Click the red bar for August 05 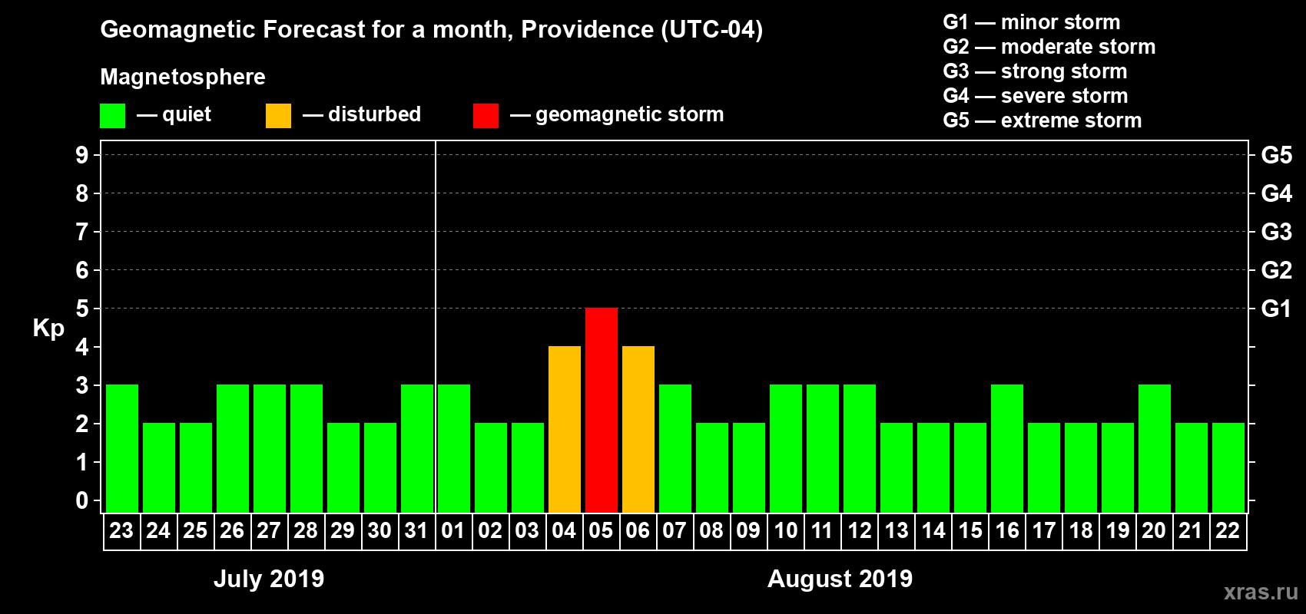coord(602,410)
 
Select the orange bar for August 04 coord(565,429)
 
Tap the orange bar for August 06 coord(638,429)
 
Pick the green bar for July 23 coord(122,448)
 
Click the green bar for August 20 coord(1155,448)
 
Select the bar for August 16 coord(1007,448)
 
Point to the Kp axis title coord(48,328)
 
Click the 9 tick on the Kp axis coord(82,155)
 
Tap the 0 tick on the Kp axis coord(82,500)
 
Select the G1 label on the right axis coord(1276,309)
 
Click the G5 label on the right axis coord(1276,155)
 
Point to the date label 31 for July coord(416,530)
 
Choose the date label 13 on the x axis coord(897,530)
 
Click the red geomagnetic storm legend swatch coord(486,116)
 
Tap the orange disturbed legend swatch coord(278,116)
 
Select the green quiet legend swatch coord(112,116)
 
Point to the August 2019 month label coord(840,579)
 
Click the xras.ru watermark coord(1261,592)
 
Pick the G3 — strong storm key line coord(1035,71)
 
